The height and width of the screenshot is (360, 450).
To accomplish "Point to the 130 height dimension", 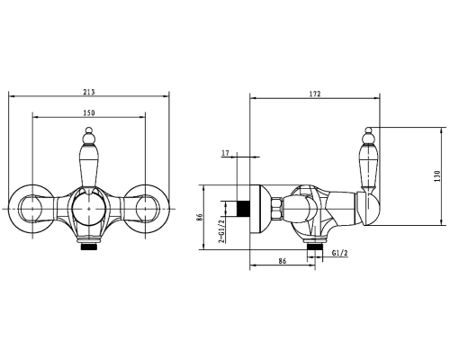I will (437, 176).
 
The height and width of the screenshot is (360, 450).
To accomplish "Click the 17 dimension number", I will (225, 153).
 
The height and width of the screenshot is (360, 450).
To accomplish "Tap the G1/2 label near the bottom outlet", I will (340, 255).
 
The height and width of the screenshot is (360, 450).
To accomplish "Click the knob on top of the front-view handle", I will (88, 137).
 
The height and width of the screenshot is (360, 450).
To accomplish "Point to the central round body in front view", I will (88, 210).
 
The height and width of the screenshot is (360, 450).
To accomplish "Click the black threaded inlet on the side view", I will (240, 208).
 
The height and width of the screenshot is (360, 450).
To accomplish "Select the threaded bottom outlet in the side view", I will (313, 245).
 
